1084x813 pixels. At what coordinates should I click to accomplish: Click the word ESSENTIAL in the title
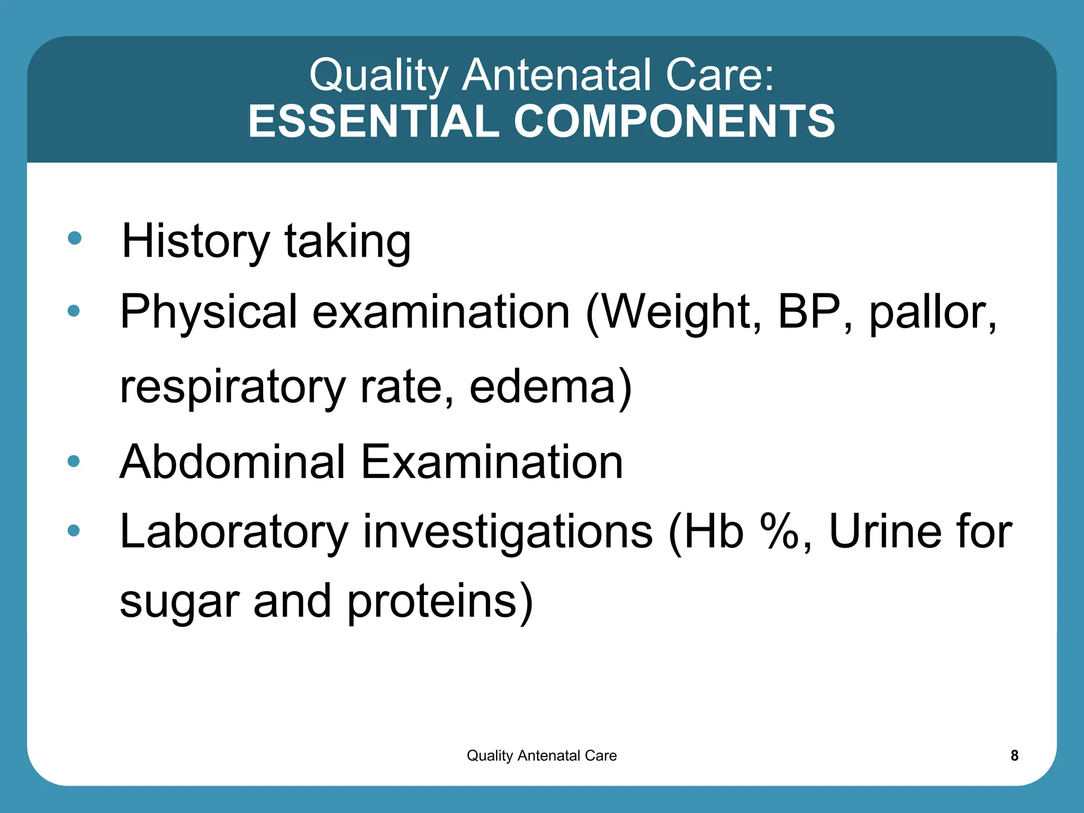[374, 121]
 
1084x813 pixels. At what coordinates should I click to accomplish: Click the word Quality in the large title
[379, 75]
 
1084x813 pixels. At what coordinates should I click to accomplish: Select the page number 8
[1014, 755]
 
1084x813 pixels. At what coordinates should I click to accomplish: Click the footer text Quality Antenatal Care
[541, 755]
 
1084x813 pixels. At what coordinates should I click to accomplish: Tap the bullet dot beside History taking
[75, 238]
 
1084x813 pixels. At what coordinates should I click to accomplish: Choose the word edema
[543, 387]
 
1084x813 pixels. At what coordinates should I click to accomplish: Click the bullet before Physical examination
[74, 311]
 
